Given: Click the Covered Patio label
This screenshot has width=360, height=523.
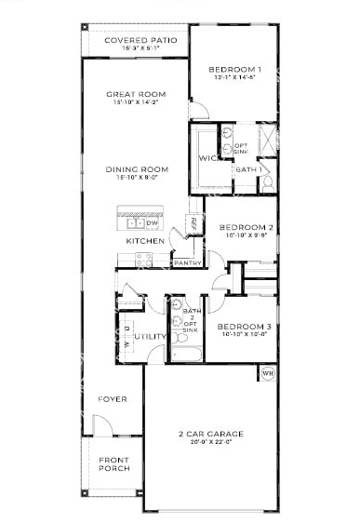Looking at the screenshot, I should [x=135, y=40].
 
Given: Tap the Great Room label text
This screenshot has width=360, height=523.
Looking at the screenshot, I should [x=136, y=93].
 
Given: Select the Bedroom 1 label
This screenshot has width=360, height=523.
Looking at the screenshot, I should [x=233, y=70].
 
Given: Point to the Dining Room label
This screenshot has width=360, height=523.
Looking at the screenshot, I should [x=136, y=169].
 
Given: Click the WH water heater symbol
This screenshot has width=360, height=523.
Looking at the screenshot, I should [x=267, y=373].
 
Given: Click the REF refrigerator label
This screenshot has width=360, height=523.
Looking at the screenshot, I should [x=193, y=223].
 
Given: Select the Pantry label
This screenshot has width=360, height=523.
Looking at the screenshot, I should [x=187, y=262].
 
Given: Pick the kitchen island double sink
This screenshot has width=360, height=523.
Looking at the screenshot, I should [x=133, y=222].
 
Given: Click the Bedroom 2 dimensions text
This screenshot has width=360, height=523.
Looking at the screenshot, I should [x=246, y=236].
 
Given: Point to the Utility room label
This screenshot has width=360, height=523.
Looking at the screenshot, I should [x=149, y=336].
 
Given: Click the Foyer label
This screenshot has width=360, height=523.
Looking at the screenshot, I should [x=113, y=399].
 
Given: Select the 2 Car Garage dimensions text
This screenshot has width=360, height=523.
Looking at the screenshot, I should [x=210, y=443].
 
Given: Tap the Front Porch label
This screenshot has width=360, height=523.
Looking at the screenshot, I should [x=114, y=463].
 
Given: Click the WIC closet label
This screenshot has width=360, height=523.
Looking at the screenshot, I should [x=207, y=158].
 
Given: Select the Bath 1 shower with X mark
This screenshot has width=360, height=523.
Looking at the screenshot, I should [x=266, y=141].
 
